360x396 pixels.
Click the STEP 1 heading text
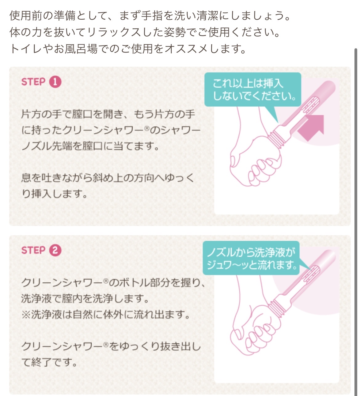coord(33,82)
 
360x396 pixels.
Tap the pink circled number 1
coord(55,82)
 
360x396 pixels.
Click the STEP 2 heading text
coord(33,250)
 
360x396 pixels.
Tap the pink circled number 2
coord(55,250)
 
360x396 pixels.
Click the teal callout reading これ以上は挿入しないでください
coord(252,89)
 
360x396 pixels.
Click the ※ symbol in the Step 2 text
coord(26,315)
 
